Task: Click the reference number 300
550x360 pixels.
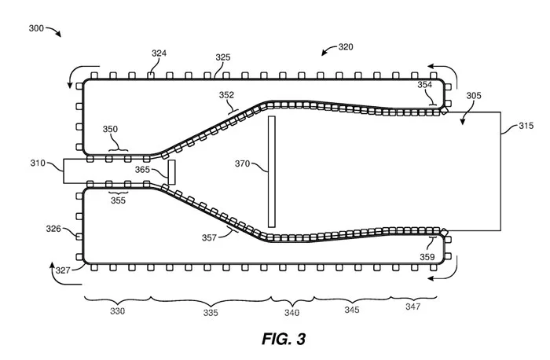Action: (36, 28)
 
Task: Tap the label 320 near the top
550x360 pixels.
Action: (346, 46)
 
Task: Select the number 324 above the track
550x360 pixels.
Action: (159, 53)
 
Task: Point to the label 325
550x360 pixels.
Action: (222, 57)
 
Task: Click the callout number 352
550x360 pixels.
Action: (226, 95)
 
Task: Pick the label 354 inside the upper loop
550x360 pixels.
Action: (425, 85)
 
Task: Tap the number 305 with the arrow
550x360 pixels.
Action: (474, 95)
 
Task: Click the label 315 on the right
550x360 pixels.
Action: (526, 126)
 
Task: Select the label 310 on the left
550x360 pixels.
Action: (38, 163)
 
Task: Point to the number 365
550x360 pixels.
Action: (142, 170)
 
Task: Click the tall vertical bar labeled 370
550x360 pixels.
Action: (272, 171)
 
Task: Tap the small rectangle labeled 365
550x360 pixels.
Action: (171, 172)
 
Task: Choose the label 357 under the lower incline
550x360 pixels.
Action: (209, 238)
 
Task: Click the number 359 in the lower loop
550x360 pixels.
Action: (427, 257)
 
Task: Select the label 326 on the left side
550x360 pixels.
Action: (53, 229)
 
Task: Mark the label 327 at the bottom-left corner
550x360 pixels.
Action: (63, 270)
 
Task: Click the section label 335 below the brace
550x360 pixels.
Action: (211, 312)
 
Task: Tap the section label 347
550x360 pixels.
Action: (412, 307)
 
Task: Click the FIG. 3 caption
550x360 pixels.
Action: (284, 339)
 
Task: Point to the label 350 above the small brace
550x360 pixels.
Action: (110, 129)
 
